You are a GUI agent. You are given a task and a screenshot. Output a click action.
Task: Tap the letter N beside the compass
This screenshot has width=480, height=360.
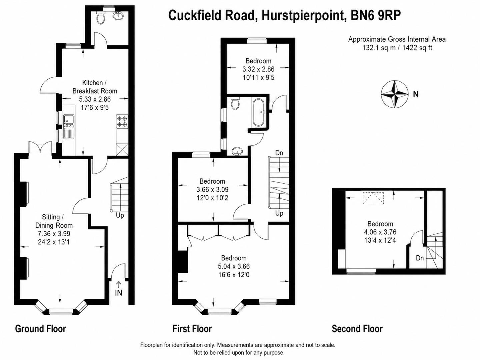(x=416, y=94)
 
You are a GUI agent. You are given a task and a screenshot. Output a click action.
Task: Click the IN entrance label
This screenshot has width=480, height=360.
(x=119, y=293)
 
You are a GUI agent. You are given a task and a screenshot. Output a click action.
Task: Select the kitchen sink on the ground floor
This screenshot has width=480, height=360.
(x=69, y=126)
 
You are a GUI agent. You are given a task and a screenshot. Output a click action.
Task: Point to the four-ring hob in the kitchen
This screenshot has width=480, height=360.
(x=122, y=121)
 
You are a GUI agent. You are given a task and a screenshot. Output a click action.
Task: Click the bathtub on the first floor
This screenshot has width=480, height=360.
(x=259, y=112)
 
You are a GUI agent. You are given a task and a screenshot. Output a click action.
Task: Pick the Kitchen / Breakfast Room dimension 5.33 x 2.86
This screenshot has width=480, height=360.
(x=95, y=99)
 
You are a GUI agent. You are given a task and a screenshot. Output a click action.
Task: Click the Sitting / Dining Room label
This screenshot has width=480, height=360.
(x=54, y=221)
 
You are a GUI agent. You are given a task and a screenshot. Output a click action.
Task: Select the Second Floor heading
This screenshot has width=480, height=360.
(x=357, y=329)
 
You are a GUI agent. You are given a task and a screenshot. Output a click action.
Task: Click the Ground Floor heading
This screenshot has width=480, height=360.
(x=41, y=329)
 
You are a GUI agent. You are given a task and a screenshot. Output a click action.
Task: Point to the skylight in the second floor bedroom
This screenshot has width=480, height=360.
(x=373, y=198)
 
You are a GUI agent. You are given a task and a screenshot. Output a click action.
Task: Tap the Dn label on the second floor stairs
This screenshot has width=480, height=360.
(x=420, y=258)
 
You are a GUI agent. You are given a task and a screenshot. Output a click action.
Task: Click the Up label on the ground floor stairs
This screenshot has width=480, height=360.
(x=120, y=215)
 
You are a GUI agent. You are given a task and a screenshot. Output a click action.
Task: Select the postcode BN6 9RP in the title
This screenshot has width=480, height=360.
(x=376, y=15)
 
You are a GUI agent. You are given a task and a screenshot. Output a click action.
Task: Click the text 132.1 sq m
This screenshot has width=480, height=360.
(x=379, y=48)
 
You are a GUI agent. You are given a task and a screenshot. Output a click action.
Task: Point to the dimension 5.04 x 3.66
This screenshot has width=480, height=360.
(x=234, y=266)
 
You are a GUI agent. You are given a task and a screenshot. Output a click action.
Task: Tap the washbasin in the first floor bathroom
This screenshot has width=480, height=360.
(x=238, y=151)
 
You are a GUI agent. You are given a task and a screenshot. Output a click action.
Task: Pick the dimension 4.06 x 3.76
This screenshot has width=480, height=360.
(x=380, y=232)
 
